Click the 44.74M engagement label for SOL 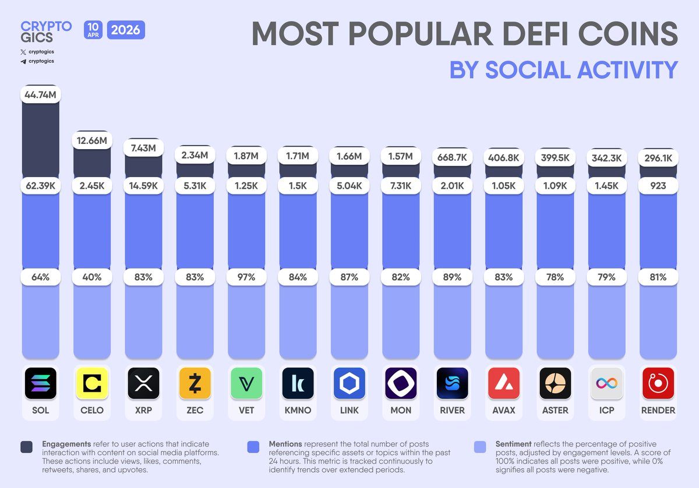tap(41, 94)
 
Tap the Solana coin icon tap(41, 383)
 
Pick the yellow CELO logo tap(92, 383)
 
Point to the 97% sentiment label tap(246, 277)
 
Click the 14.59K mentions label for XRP tap(143, 185)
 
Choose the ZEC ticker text tap(195, 410)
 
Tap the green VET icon tap(246, 383)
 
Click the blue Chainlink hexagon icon tap(349, 383)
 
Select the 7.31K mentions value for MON tap(401, 185)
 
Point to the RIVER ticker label tap(452, 410)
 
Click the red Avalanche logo tap(503, 383)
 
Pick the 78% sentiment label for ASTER tap(555, 277)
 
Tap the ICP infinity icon tap(606, 383)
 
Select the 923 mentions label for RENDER tap(658, 185)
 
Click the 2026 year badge tap(126, 29)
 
